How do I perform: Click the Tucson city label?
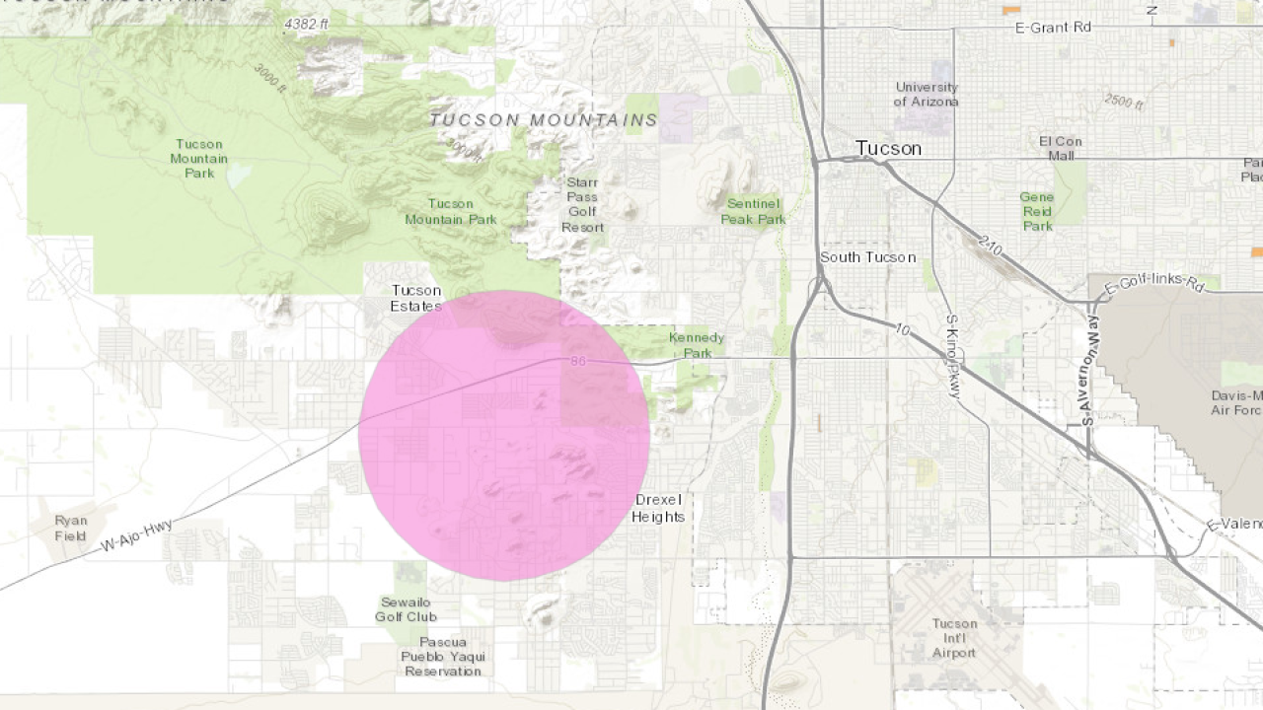[x=888, y=148]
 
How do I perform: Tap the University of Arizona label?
[x=926, y=94]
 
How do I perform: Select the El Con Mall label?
[x=1060, y=148]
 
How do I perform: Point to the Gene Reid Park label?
[x=1037, y=211]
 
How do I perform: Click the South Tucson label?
[x=867, y=257]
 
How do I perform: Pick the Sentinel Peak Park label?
[x=753, y=211]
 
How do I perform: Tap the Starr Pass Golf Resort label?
[x=582, y=204]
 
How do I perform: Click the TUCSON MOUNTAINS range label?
[x=544, y=120]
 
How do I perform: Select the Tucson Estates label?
[x=416, y=298]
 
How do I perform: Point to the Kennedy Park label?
[x=697, y=345]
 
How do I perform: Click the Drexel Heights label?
[x=658, y=508]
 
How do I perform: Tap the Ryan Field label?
[x=71, y=528]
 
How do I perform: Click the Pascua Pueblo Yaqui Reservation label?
[x=442, y=656]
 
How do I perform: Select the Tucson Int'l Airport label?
[x=954, y=638]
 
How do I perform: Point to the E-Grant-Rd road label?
[x=1053, y=28]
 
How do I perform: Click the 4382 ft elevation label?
[x=306, y=24]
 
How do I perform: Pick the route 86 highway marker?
[x=578, y=362]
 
